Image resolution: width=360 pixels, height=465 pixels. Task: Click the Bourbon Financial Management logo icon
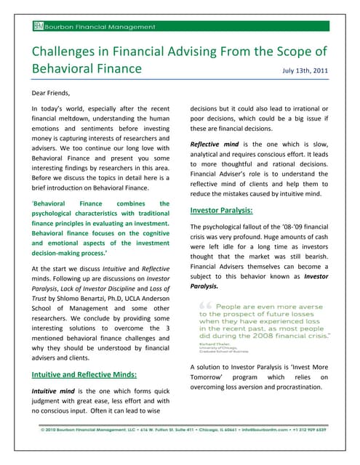click(x=38, y=27)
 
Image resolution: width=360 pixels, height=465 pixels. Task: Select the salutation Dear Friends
click(x=54, y=92)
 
